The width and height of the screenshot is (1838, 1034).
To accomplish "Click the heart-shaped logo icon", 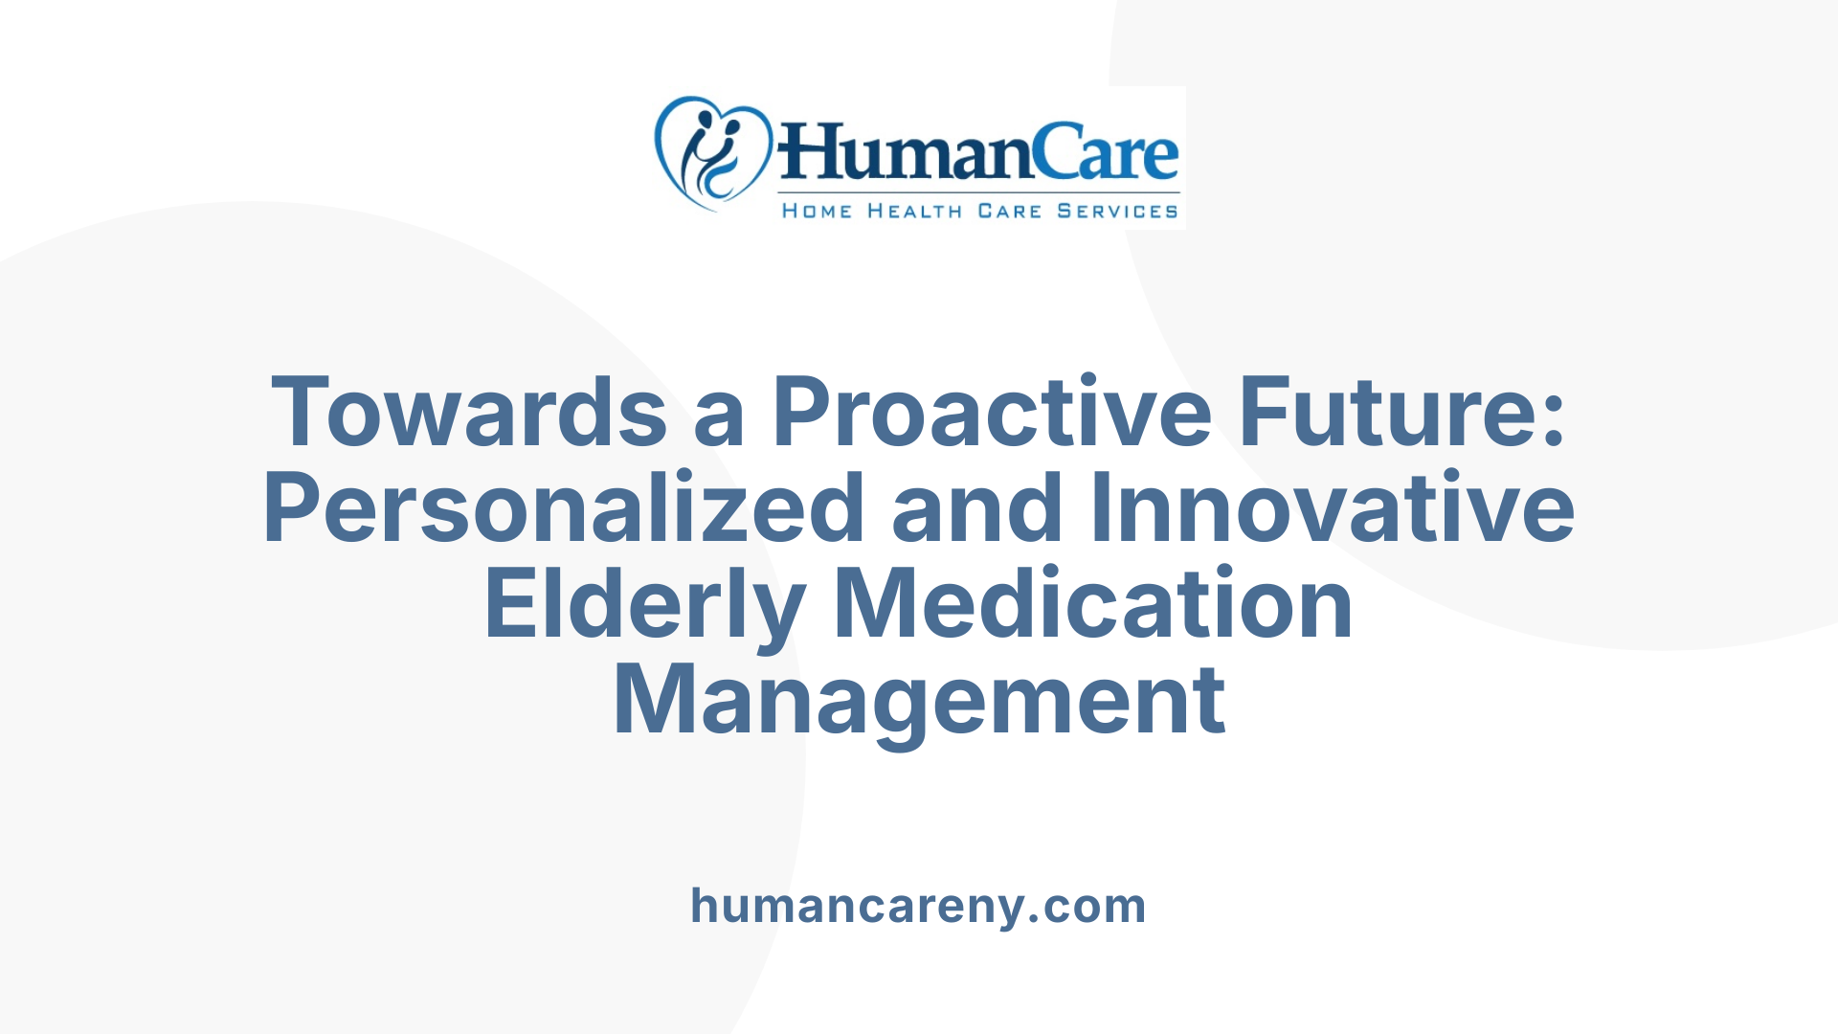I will (712, 153).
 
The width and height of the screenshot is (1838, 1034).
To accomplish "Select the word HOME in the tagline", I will (817, 211).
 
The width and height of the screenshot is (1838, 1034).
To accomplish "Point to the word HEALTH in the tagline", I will (914, 211).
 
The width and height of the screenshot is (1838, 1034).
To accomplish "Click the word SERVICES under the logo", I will (1117, 211).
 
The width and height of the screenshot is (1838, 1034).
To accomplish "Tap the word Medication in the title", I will (1094, 603).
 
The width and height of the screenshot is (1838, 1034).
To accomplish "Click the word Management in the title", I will (919, 701).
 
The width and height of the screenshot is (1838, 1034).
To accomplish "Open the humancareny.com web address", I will (918, 906).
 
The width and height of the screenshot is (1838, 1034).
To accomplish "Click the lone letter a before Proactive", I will (719, 421).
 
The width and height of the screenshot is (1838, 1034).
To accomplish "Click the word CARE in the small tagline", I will (1009, 211).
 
